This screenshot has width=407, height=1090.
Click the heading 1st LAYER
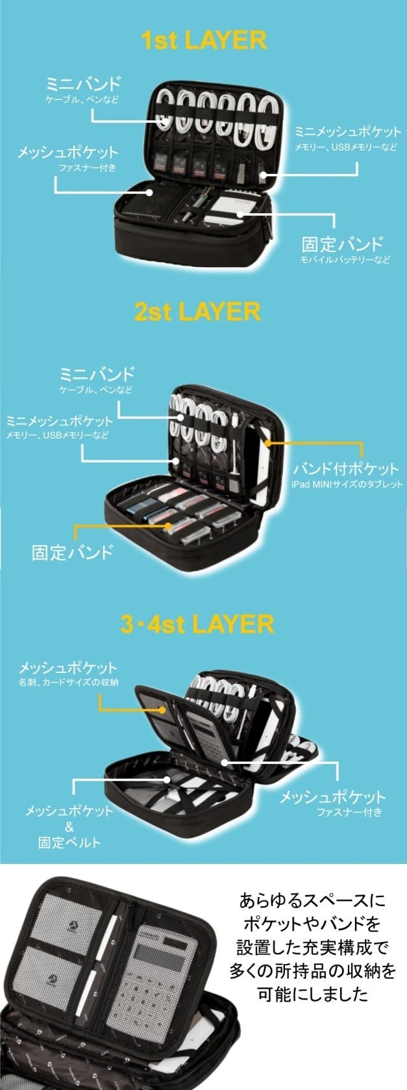[x=203, y=40]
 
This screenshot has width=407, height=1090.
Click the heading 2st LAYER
[x=197, y=311]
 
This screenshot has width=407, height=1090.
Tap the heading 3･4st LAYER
[x=197, y=625]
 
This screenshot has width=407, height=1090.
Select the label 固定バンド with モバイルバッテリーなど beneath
[x=342, y=243]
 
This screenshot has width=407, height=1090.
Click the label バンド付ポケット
[x=345, y=469]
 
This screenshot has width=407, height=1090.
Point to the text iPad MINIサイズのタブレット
[x=347, y=484]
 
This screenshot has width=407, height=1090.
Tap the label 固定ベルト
[x=69, y=842]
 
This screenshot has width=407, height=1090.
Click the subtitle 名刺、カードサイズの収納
[x=69, y=683]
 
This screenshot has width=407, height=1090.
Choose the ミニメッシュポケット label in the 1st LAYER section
[x=348, y=132]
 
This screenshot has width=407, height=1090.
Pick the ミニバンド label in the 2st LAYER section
[x=96, y=374]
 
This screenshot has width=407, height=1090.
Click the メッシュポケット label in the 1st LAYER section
[x=68, y=152]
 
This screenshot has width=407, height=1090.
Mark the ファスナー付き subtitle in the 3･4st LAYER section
[x=349, y=812]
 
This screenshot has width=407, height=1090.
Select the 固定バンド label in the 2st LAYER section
[x=72, y=552]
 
